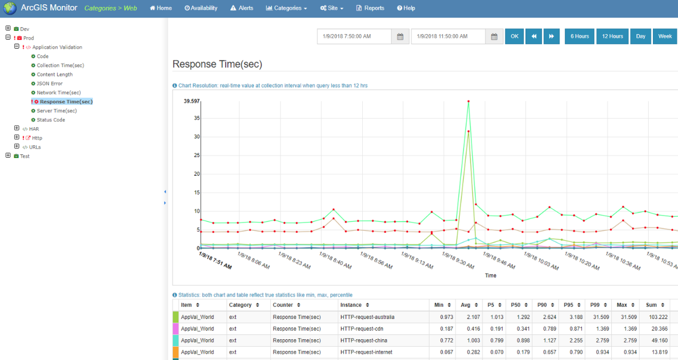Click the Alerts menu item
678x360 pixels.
click(241, 8)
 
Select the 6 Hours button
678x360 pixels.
click(579, 36)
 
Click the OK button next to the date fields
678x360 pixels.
click(514, 36)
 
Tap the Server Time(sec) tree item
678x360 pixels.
click(57, 111)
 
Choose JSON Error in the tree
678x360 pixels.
click(50, 83)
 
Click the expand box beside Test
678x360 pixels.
click(8, 155)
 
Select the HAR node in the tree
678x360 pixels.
click(34, 129)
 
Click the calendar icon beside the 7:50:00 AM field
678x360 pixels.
click(400, 36)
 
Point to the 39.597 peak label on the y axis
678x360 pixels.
click(191, 101)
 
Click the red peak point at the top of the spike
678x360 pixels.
click(469, 101)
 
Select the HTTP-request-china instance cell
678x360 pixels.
click(363, 340)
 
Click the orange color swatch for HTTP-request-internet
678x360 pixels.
click(175, 352)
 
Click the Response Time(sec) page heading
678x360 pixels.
click(217, 64)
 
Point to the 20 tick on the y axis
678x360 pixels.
click(197, 174)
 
